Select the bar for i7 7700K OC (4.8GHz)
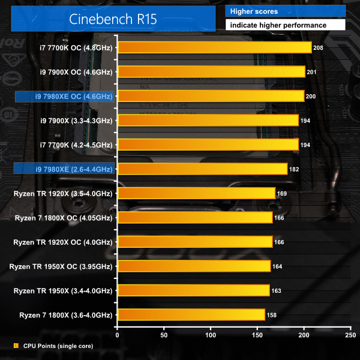215,47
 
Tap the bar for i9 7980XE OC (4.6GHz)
211,96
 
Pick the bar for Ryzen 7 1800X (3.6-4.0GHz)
191,314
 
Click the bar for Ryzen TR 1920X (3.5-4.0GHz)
197,193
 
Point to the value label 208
319,47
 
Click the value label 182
295,169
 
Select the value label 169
283,193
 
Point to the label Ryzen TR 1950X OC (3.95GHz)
61,266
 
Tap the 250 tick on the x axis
351,335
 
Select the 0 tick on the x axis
118,335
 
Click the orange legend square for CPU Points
16,346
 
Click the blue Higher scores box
285,11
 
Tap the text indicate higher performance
278,25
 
